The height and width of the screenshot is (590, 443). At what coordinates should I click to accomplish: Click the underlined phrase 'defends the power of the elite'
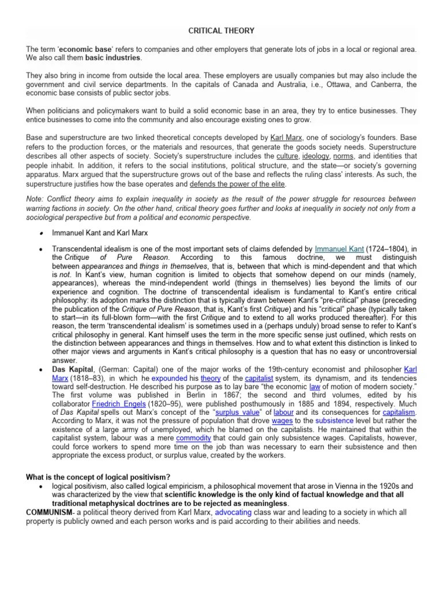238,184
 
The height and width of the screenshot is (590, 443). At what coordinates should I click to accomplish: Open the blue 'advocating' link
235,513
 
